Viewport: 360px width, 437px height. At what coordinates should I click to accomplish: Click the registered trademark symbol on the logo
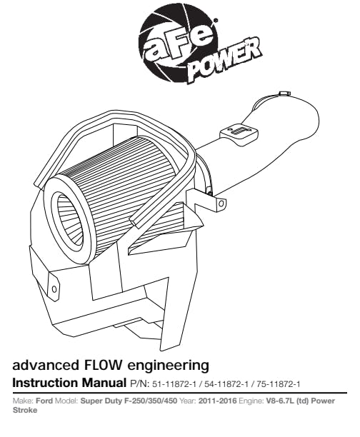coord(215,20)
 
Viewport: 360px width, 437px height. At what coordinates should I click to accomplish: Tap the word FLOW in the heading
coord(102,365)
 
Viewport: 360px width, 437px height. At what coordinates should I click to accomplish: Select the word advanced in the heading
coord(46,365)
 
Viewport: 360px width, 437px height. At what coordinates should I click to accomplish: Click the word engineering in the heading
coord(168,366)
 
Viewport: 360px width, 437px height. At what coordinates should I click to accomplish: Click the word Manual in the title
coord(104,383)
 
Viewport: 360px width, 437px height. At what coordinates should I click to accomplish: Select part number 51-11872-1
coord(174,384)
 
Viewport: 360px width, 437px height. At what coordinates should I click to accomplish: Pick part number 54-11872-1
coord(226,384)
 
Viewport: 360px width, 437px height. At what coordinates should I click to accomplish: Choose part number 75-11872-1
coord(279,384)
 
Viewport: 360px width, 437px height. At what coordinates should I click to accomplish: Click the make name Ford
coord(44,401)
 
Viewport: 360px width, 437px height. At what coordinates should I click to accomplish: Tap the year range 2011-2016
coord(217,401)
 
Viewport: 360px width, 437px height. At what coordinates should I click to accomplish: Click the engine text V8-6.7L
coord(280,401)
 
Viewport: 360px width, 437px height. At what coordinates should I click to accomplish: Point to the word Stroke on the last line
coord(25,411)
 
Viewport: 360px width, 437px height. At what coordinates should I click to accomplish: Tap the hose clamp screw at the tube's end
coord(283,94)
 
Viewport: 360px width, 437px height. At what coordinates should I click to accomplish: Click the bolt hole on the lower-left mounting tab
coord(54,289)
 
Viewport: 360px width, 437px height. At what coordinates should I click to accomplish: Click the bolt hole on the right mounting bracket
coord(221,204)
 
